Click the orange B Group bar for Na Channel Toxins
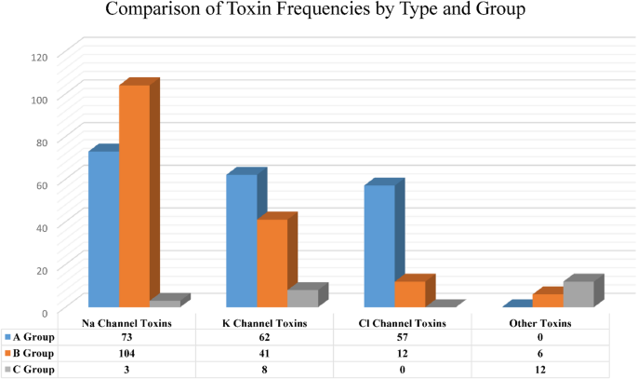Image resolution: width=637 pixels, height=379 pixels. [x=134, y=196]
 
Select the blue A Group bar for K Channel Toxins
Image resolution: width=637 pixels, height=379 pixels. [x=242, y=240]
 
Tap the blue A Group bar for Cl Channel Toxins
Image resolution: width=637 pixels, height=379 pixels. [x=379, y=246]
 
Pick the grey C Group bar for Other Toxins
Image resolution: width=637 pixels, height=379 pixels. [x=577, y=293]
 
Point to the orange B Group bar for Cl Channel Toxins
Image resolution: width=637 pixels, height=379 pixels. [x=409, y=293]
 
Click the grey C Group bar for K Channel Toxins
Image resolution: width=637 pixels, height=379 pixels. [x=302, y=298]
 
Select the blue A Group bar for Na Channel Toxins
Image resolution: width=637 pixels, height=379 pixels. [x=103, y=229]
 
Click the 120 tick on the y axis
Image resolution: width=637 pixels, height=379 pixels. [x=38, y=56]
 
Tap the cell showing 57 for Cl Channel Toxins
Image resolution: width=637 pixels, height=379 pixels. [x=402, y=338]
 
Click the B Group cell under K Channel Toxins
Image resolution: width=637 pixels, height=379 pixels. [x=264, y=354]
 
